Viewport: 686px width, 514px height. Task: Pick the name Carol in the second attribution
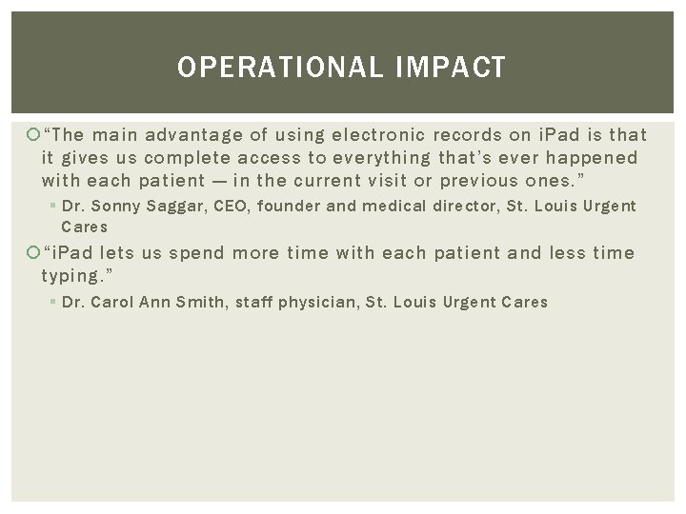[111, 302]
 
